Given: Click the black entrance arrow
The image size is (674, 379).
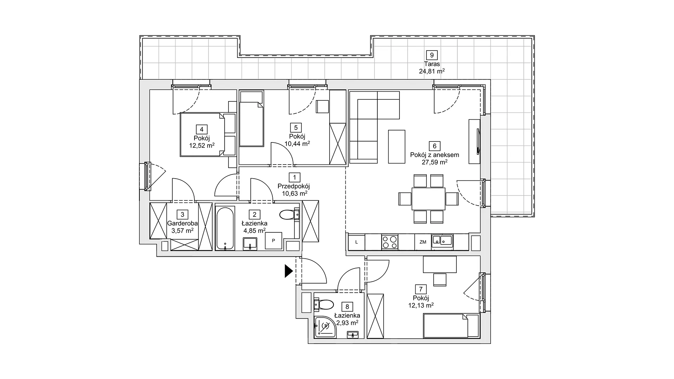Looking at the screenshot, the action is [289, 271].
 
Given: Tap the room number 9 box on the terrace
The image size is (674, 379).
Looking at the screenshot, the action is [432, 55].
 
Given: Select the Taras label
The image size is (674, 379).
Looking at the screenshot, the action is [432, 64].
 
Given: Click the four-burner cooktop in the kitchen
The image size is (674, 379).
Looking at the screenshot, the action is [390, 242].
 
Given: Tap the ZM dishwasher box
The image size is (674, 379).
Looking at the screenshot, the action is [423, 242].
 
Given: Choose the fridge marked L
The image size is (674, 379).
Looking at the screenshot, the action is [357, 242].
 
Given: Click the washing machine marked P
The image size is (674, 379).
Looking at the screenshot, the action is [273, 241].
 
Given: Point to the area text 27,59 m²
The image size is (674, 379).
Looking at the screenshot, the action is [435, 162].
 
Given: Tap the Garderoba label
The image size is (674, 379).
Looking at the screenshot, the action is [183, 223].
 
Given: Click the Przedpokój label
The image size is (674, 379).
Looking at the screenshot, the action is [294, 186].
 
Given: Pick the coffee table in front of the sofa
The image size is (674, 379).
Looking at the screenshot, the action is [397, 146].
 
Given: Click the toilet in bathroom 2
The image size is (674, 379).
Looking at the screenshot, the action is [290, 214].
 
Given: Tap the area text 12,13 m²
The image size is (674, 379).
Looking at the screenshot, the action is [421, 305].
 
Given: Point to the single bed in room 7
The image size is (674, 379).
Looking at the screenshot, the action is [451, 326].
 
